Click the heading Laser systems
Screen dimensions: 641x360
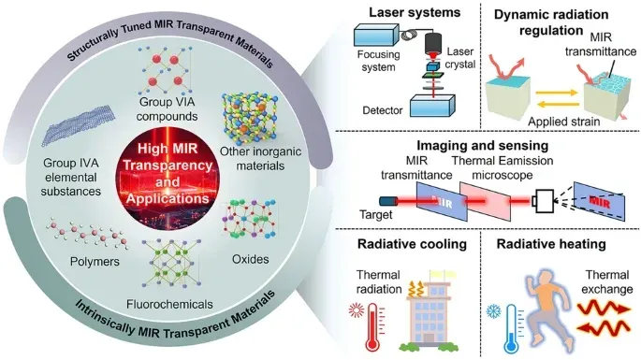pos(415,12)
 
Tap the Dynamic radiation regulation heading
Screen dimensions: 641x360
pos(551,22)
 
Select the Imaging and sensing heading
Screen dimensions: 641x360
pos(482,146)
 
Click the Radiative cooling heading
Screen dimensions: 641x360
pos(412,244)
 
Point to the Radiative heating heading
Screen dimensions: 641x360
pos(551,244)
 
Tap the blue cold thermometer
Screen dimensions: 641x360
pos(512,329)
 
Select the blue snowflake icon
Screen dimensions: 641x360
pos(494,312)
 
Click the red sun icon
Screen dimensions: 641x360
pos(357,310)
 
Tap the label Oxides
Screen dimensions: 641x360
pos(250,259)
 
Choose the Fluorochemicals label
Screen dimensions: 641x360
pos(169,304)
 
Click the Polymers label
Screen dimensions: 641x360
pos(95,262)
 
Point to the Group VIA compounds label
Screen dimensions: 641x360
pos(167,108)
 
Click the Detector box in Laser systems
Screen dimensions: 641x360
pos(432,106)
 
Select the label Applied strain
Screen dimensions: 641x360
pos(563,122)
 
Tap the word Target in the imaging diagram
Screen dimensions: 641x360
pos(375,214)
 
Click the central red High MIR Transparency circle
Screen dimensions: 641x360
pos(167,175)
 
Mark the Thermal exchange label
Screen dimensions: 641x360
pos(607,282)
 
